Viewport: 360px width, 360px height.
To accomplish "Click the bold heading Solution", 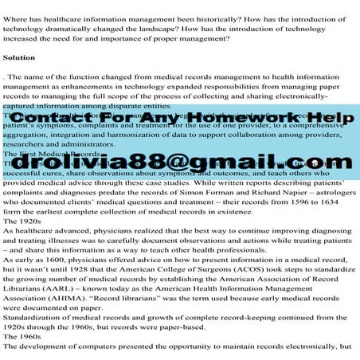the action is click(19, 58).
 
